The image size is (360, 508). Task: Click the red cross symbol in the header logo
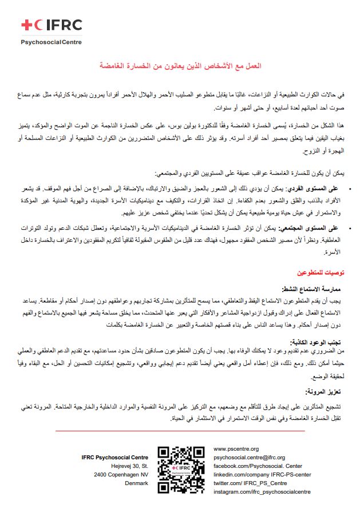26,25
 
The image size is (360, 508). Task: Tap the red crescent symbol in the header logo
38,25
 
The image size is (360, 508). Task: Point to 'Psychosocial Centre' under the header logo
52,42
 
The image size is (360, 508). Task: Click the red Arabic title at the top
180,67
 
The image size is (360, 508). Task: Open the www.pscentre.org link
236,449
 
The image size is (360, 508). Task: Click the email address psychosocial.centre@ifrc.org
248,458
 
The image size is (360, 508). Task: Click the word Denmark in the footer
136,483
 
